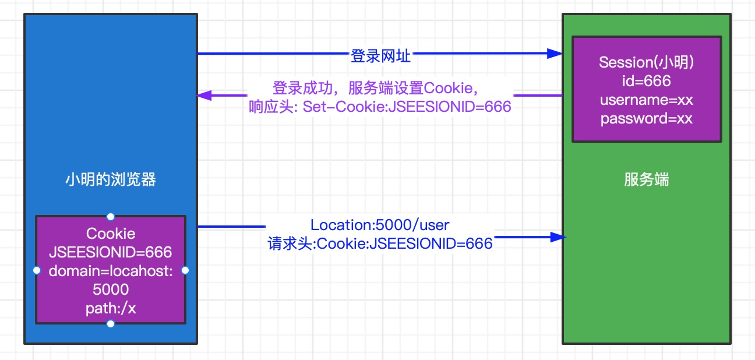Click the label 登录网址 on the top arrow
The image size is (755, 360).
tap(380, 56)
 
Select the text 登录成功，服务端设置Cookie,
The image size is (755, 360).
tap(376, 88)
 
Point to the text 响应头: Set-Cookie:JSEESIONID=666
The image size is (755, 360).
tap(380, 107)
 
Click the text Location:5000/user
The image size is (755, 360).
tap(380, 225)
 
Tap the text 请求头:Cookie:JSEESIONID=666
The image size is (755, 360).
tap(380, 243)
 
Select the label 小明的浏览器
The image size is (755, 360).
tap(111, 179)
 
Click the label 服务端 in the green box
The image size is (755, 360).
tap(646, 179)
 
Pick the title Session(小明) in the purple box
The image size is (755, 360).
tap(647, 62)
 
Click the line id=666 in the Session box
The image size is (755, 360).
tap(647, 80)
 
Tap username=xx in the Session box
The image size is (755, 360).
tap(647, 100)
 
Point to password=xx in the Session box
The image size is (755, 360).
tap(647, 119)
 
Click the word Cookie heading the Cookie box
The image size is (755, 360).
tap(111, 234)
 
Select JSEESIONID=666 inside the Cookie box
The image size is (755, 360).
tap(111, 252)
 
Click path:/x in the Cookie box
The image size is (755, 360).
tap(111, 308)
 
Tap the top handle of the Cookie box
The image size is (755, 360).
tap(111, 216)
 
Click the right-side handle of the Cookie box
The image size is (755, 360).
tap(185, 270)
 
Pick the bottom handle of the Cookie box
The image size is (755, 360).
tap(111, 323)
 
